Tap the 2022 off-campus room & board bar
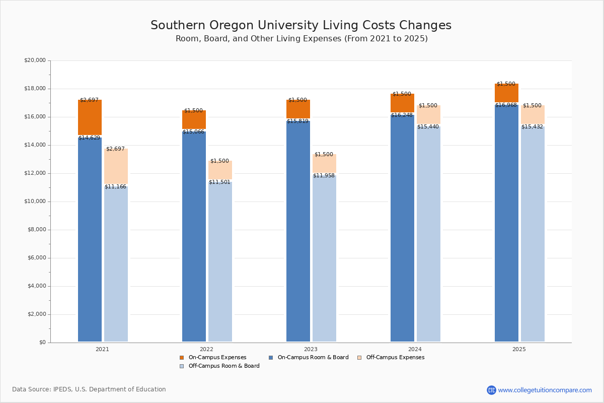(220, 262)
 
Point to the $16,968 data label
(506, 105)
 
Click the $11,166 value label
(115, 187)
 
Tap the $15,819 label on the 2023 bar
(297, 121)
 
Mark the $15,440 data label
(428, 127)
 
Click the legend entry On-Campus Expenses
(217, 358)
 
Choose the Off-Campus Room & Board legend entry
(223, 366)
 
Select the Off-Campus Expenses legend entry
(395, 358)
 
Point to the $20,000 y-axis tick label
(35, 60)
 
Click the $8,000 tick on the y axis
(36, 230)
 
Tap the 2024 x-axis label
(415, 349)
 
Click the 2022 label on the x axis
(206, 349)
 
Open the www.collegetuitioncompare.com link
(545, 390)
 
